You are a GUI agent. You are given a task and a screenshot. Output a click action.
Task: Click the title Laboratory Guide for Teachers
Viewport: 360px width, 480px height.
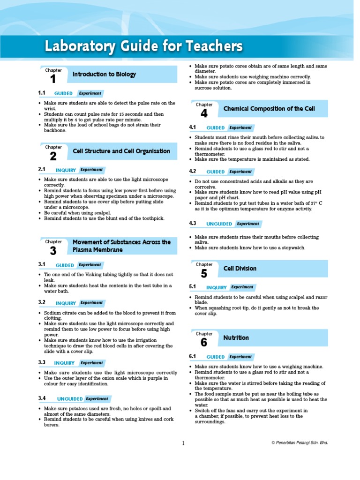(143, 46)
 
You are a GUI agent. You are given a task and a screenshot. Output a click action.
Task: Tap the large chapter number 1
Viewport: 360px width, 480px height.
(52, 79)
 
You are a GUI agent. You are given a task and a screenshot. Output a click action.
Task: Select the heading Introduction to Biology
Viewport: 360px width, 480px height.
(105, 74)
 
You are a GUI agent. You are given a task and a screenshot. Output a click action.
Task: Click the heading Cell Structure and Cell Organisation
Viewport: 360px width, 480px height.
(121, 151)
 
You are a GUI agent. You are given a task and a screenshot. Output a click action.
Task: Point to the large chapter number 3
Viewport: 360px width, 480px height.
(53, 251)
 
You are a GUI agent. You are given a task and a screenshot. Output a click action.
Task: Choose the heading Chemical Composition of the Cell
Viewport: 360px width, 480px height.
(269, 109)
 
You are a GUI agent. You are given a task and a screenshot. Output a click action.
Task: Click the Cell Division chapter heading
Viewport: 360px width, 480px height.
(240, 269)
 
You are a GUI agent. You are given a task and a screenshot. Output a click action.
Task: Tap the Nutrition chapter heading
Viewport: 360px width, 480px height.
(236, 337)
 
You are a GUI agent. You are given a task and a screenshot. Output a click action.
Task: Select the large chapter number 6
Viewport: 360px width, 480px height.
(203, 343)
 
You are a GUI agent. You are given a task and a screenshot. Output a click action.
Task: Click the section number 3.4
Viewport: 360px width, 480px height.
(42, 398)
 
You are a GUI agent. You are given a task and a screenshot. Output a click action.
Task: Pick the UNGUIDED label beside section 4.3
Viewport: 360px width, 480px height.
(219, 224)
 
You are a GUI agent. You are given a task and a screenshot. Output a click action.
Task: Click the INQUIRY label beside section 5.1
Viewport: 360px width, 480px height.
(216, 287)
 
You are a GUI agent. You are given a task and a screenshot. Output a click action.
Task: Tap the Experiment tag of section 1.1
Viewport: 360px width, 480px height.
(90, 93)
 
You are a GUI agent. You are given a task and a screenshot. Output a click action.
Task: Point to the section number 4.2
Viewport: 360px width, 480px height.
(193, 172)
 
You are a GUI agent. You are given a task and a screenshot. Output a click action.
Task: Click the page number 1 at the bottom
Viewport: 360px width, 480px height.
(183, 442)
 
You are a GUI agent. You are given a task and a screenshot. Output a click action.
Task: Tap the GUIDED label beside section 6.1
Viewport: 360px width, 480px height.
(216, 357)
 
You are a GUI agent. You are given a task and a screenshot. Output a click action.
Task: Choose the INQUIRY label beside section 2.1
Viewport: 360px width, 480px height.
(65, 170)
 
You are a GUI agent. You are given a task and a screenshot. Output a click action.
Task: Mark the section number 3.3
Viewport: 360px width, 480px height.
(42, 362)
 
